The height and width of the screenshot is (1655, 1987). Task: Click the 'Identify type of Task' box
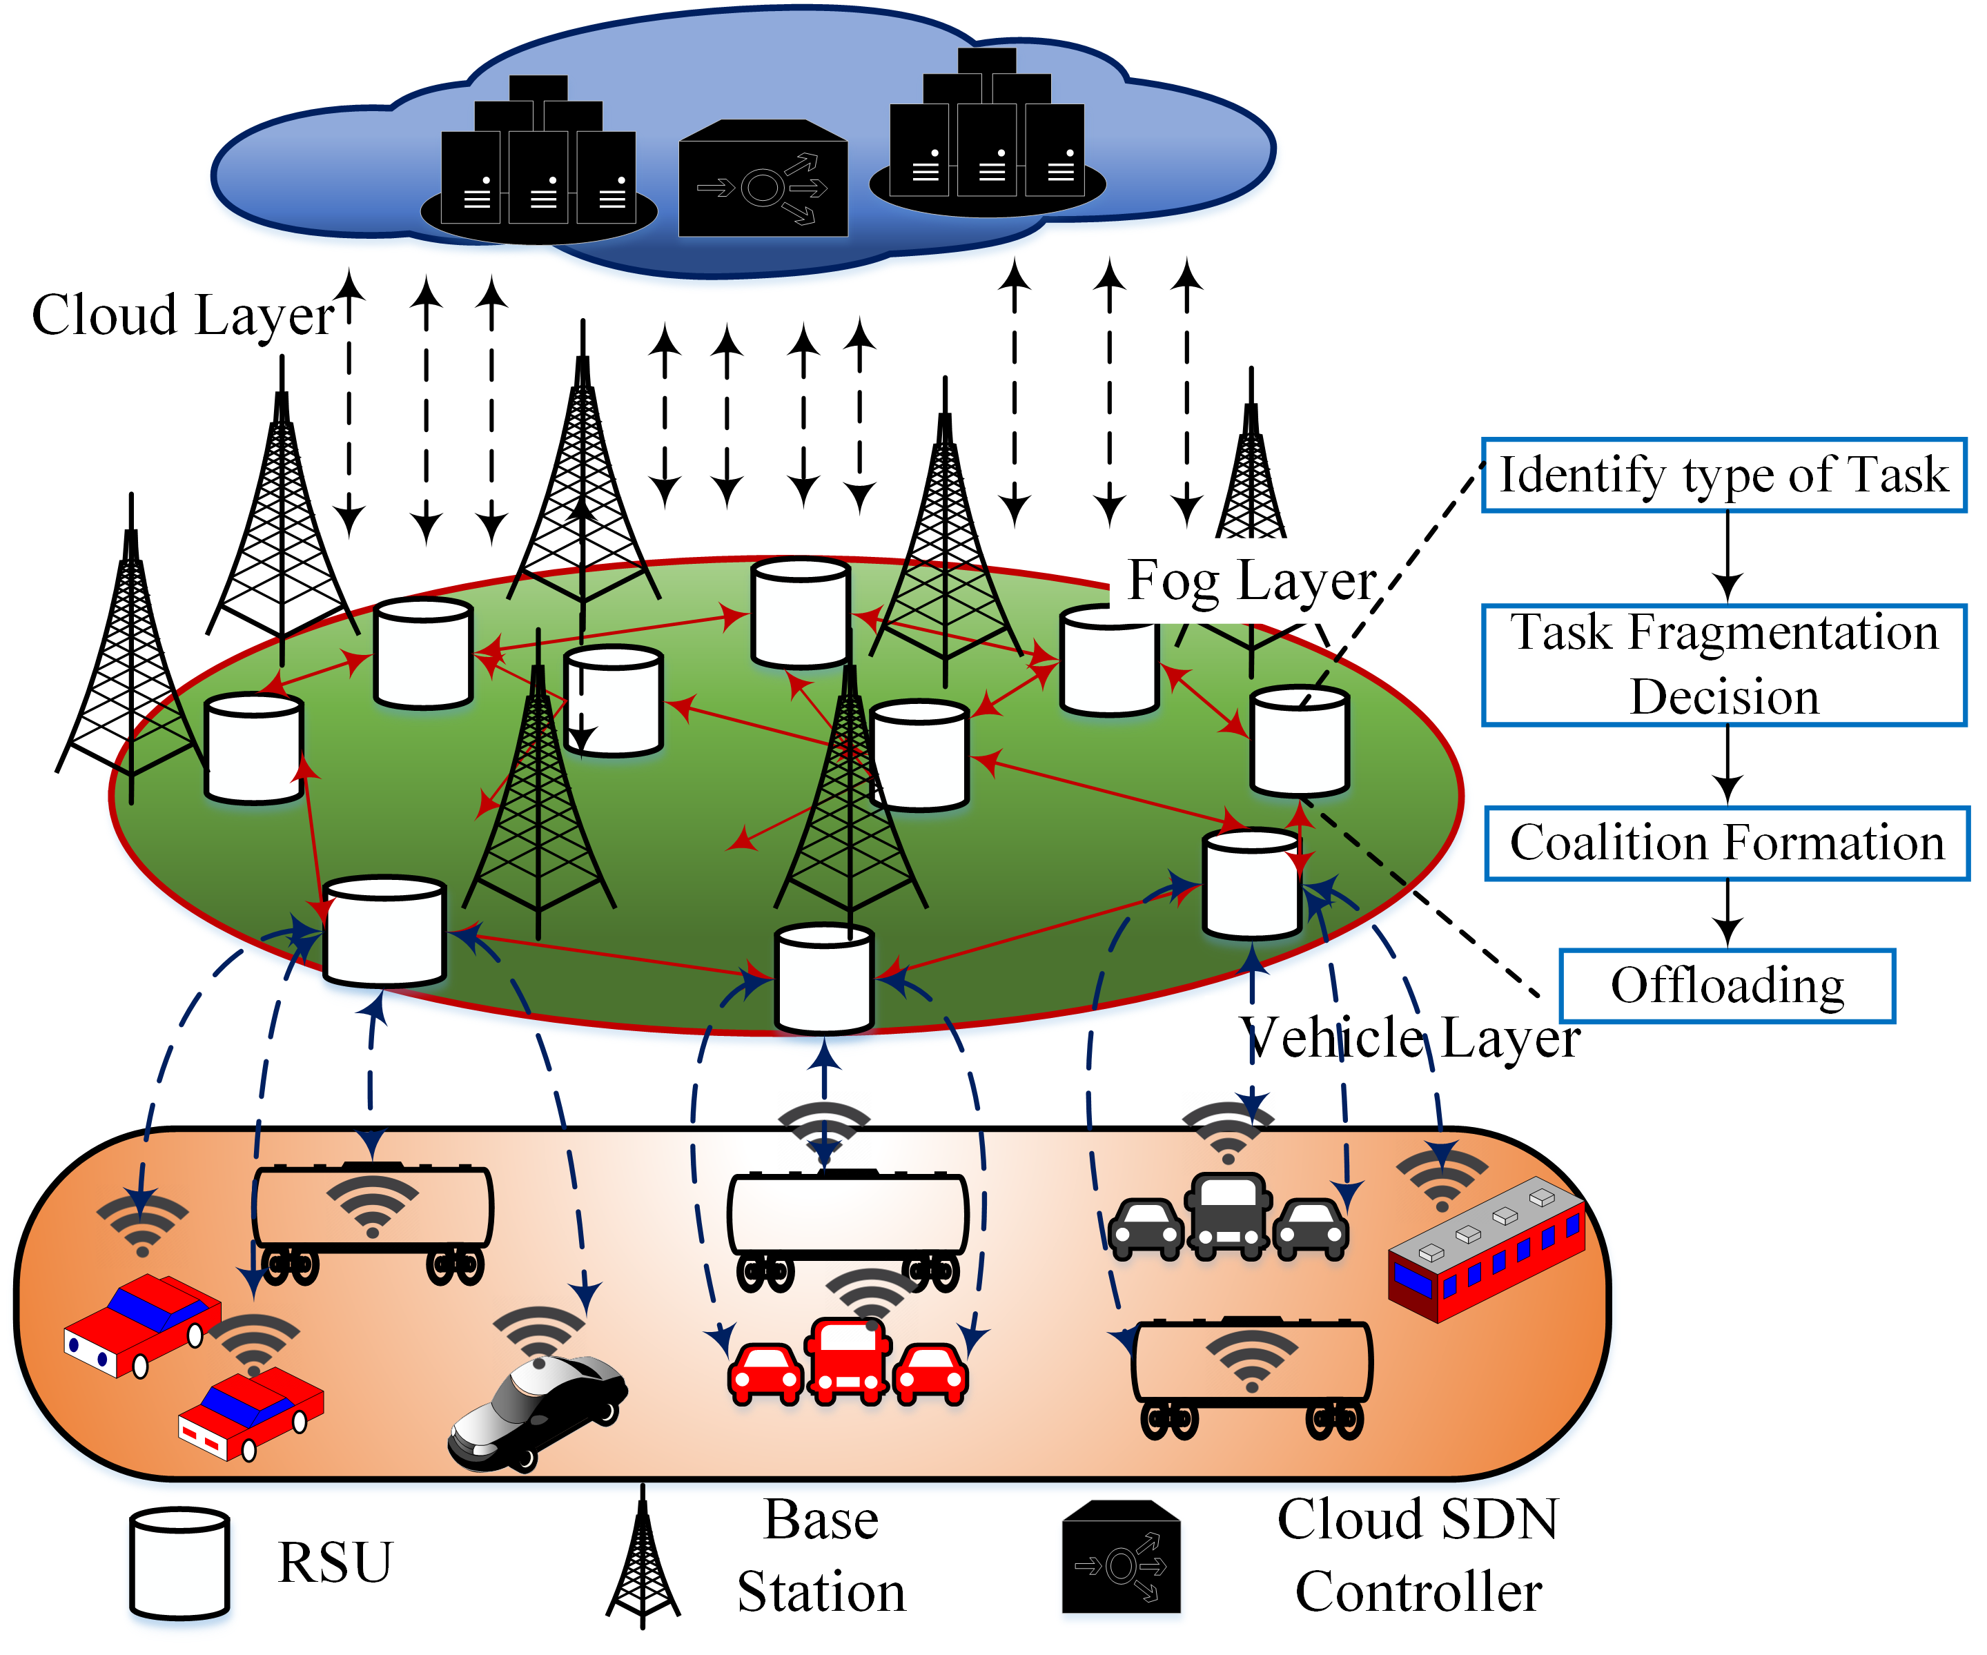point(1723,475)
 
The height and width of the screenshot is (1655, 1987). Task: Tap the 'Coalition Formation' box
point(1726,842)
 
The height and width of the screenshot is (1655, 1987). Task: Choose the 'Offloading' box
point(1726,985)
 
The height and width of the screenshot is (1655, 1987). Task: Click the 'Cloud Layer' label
point(183,315)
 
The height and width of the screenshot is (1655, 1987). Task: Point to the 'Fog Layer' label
point(1251,581)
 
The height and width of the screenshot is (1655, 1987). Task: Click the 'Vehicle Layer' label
point(1410,1038)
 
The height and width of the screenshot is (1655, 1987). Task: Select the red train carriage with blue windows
point(1485,1249)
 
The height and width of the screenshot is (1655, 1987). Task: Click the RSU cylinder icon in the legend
point(179,1563)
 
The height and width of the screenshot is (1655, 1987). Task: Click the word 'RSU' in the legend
point(334,1563)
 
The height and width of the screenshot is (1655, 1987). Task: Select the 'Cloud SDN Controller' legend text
point(1418,1556)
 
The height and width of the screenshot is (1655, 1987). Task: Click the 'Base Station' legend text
point(821,1556)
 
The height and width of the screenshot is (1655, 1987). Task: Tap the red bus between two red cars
point(848,1360)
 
